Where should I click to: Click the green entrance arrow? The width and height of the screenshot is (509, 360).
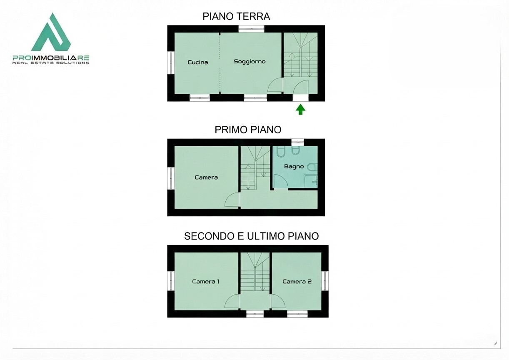pyautogui.click(x=300, y=110)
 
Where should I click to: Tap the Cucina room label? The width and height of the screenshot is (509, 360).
pyautogui.click(x=198, y=62)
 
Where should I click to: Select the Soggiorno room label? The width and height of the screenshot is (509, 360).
pyautogui.click(x=250, y=62)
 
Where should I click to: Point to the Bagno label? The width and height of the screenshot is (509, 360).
pyautogui.click(x=294, y=167)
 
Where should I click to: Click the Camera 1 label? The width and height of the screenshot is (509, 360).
pyautogui.click(x=206, y=282)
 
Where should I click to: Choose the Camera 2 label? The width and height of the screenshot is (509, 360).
pyautogui.click(x=297, y=282)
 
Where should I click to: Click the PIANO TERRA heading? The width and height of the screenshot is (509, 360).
pyautogui.click(x=236, y=16)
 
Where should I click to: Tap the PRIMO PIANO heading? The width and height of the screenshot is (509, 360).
pyautogui.click(x=248, y=130)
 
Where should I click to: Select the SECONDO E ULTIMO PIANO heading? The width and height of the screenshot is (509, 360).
pyautogui.click(x=251, y=236)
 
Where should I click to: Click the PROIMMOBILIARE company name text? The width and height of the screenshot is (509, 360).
pyautogui.click(x=51, y=58)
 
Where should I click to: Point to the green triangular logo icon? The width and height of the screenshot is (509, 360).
pyautogui.click(x=51, y=32)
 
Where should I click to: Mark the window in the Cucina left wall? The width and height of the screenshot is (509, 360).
pyautogui.click(x=171, y=62)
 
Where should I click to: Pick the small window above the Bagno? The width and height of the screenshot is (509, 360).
pyautogui.click(x=298, y=142)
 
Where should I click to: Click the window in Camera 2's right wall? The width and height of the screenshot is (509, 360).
pyautogui.click(x=325, y=281)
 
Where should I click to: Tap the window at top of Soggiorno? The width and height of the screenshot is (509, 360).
pyautogui.click(x=251, y=29)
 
